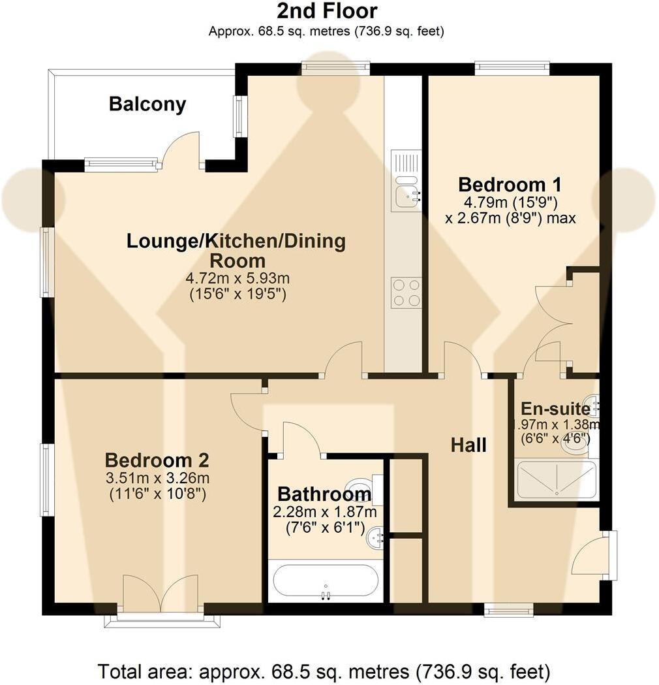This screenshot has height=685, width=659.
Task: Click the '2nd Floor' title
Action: click(x=327, y=11)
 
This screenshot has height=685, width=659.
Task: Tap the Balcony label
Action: click(x=147, y=104)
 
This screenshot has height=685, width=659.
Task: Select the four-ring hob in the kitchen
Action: click(x=406, y=292)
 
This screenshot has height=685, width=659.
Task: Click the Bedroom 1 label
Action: click(x=510, y=184)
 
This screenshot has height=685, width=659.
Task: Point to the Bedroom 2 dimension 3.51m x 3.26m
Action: click(x=157, y=478)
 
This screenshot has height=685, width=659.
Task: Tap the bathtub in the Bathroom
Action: click(x=325, y=580)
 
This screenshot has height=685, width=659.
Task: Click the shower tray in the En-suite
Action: click(x=556, y=480)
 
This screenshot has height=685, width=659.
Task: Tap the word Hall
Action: click(x=468, y=445)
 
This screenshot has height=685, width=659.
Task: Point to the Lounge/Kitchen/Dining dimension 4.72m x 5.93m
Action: click(x=236, y=278)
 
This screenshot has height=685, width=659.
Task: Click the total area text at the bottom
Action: click(x=324, y=671)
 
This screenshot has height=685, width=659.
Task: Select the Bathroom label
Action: click(x=324, y=494)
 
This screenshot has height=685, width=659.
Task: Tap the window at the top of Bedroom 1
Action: click(x=512, y=67)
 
